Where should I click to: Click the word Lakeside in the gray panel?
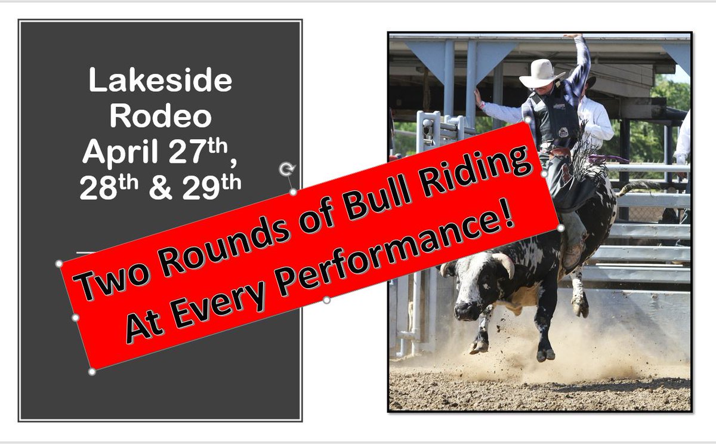coord(160,81)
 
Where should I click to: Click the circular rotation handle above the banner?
coord(286,169)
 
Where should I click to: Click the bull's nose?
coord(465,310)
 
